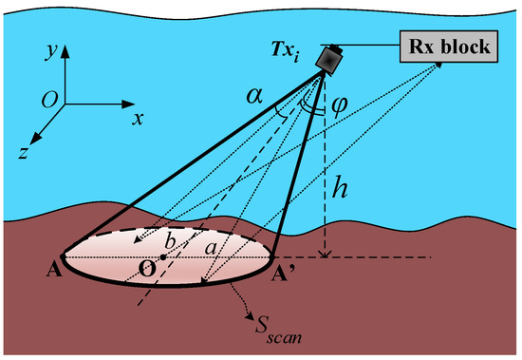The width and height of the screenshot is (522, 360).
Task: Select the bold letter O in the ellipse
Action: point(148,269)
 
